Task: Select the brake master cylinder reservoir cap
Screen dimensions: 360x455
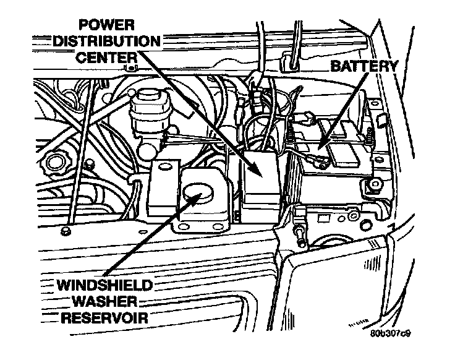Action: tap(149, 99)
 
